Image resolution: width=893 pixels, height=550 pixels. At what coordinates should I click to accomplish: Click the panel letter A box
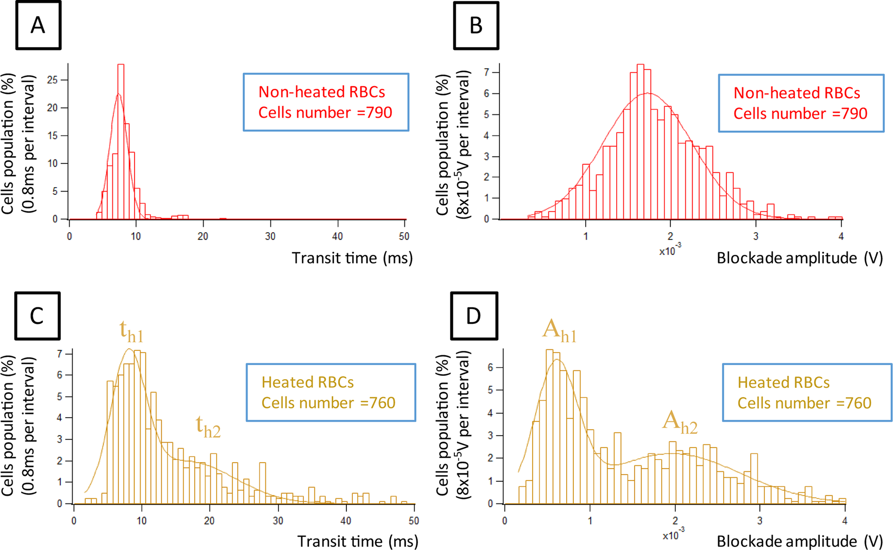(x=38, y=25)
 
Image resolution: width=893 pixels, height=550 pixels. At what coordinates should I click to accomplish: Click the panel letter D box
(x=474, y=316)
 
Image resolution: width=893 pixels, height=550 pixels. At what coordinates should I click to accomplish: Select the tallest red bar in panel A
(x=121, y=141)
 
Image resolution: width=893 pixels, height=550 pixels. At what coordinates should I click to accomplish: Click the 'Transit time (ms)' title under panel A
(x=352, y=258)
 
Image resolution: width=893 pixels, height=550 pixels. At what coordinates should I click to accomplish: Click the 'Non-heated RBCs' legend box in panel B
(x=801, y=103)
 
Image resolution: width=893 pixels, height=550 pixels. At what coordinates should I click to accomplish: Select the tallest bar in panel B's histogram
(x=640, y=141)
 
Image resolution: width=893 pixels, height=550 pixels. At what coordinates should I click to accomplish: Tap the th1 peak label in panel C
(x=131, y=331)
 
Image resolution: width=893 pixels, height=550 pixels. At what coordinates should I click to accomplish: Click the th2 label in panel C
(x=208, y=427)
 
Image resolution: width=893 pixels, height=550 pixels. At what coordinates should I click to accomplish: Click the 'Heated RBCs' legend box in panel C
(x=331, y=392)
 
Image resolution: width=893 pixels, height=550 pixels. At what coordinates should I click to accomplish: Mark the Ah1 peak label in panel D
(x=559, y=331)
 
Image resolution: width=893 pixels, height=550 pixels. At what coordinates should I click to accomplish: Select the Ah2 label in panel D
(x=680, y=422)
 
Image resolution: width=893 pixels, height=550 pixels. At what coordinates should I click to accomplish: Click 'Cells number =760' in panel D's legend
(x=804, y=403)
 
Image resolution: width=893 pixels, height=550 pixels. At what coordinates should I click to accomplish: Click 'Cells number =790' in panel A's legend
(x=325, y=112)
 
